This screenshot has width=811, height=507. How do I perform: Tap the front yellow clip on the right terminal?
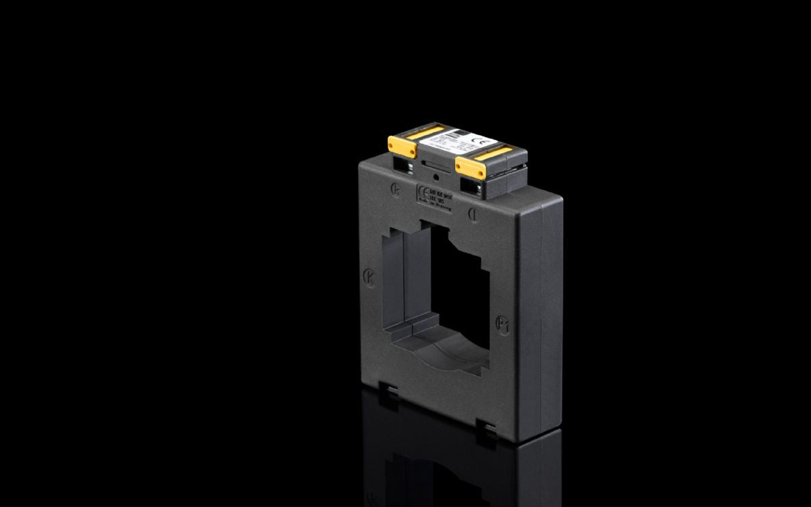(x=470, y=166)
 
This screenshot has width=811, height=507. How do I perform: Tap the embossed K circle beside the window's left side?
(x=369, y=277)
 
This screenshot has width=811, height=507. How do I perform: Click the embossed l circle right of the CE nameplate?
(x=474, y=214)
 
